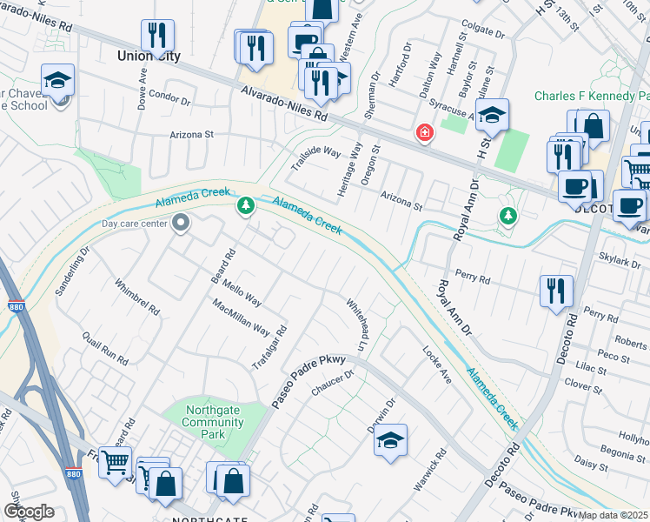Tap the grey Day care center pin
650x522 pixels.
(181, 224)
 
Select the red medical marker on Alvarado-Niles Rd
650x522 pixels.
(424, 133)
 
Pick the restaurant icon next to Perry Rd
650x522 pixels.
(556, 291)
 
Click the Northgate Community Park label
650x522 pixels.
(213, 422)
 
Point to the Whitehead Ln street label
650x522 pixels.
(359, 321)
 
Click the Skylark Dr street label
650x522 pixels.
(620, 258)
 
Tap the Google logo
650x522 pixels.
(29, 512)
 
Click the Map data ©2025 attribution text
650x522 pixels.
(613, 515)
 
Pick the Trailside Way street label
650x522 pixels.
(315, 157)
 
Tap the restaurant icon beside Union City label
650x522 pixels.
(157, 35)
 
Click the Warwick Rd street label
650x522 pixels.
(429, 471)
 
